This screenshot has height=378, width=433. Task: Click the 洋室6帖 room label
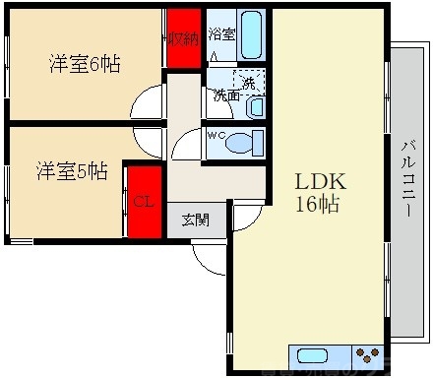pos(86,64)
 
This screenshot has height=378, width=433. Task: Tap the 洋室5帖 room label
pos(73,170)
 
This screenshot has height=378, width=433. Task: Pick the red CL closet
pos(144,204)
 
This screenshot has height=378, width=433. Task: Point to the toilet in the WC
pos(242,144)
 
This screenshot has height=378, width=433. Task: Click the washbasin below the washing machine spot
pos(255,106)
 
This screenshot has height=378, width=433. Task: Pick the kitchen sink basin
pos(312,356)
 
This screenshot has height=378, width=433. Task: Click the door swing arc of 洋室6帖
pos(150,101)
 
